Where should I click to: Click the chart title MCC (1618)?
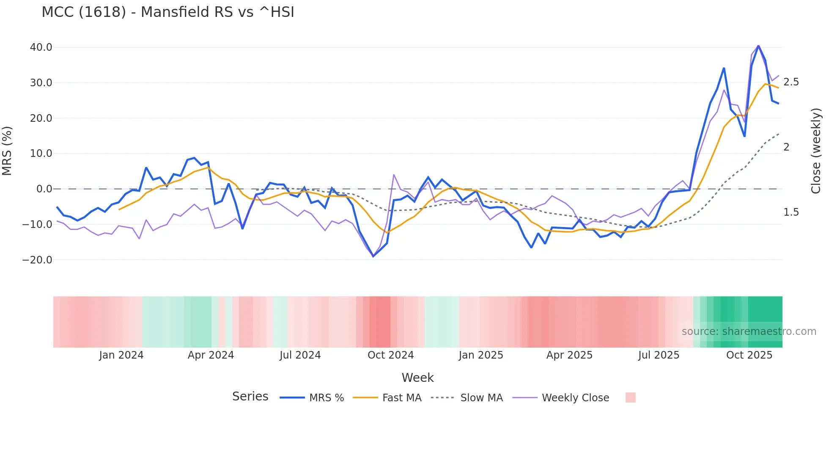(x=167, y=12)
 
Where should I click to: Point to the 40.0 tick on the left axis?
(x=41, y=47)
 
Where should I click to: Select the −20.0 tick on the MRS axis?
(x=37, y=260)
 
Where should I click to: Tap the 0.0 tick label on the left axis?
(x=44, y=189)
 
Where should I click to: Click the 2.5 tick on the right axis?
(x=791, y=82)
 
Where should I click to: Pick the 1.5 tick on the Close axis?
(x=791, y=212)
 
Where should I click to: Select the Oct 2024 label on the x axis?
(x=390, y=355)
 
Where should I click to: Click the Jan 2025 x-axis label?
(x=481, y=355)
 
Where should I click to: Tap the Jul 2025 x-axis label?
(x=659, y=355)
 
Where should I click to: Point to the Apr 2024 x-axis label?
(x=211, y=355)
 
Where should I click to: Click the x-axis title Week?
(x=417, y=378)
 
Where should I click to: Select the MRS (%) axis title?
(x=7, y=151)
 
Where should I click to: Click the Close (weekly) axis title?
(x=816, y=151)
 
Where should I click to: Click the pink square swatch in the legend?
(x=630, y=397)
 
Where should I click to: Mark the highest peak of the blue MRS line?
(x=758, y=46)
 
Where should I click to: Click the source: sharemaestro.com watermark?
(x=749, y=332)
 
